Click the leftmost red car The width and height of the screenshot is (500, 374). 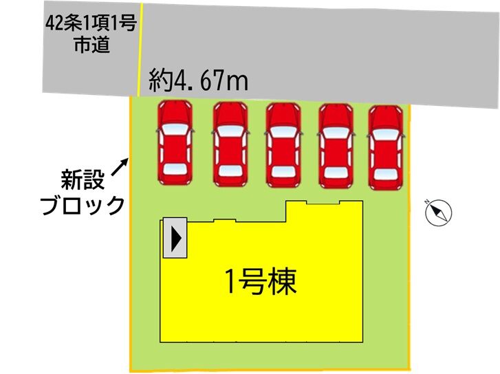point(175,142)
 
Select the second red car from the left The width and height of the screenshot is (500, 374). point(230,143)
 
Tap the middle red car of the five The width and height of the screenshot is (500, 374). point(283,143)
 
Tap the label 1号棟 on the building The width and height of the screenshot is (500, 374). point(261,281)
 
